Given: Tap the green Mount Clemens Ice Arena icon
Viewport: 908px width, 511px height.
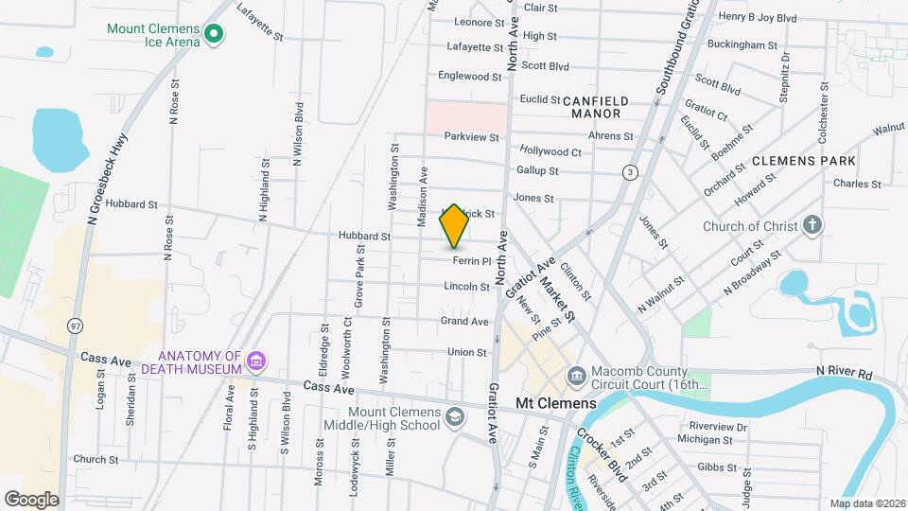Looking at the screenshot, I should pyautogui.click(x=215, y=35).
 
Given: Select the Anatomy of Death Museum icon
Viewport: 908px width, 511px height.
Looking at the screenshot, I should pyautogui.click(x=256, y=361).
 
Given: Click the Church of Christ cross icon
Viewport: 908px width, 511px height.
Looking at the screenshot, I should pyautogui.click(x=812, y=226).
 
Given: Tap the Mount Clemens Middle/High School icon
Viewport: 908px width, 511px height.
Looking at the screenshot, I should pyautogui.click(x=455, y=417).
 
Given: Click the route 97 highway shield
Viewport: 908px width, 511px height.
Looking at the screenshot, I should pyautogui.click(x=75, y=326).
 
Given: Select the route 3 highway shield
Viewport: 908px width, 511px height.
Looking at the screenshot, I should pyautogui.click(x=629, y=171).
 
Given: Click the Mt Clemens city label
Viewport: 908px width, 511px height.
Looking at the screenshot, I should pyautogui.click(x=555, y=403).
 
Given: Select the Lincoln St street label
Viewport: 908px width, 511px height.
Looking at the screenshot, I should pyautogui.click(x=466, y=286).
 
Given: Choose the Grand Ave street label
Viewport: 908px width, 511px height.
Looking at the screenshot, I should pyautogui.click(x=464, y=322).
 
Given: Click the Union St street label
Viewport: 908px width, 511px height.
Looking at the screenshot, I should pyautogui.click(x=466, y=352).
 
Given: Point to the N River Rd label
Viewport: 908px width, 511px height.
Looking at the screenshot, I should pyautogui.click(x=844, y=374).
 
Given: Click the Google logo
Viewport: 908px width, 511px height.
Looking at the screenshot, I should pyautogui.click(x=31, y=499).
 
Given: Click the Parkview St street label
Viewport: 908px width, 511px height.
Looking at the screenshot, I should pyautogui.click(x=472, y=136).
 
